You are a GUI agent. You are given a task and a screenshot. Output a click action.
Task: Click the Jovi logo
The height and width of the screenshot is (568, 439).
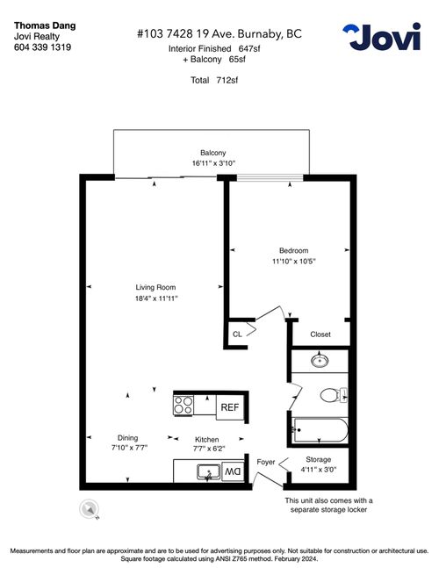[382, 37]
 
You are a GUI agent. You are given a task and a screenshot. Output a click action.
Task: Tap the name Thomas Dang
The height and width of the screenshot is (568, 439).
[45, 25]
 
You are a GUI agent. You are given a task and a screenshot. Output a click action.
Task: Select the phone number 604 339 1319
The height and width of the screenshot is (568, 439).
[42, 47]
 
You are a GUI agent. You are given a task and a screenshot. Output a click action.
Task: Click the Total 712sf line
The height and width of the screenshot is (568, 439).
[214, 80]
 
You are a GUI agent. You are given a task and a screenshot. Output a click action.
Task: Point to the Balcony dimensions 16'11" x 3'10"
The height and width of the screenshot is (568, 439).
[213, 163]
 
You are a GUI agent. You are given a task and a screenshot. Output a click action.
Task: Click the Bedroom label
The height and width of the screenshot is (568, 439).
[294, 250]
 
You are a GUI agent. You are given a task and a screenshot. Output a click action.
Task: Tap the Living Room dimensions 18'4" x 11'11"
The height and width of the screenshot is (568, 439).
[156, 298]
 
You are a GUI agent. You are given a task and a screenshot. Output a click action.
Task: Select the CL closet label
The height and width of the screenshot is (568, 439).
[237, 334]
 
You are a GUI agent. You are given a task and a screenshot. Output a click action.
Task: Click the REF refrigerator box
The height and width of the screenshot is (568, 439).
[230, 407]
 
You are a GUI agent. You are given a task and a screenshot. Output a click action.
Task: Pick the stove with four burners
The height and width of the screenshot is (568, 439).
[184, 405]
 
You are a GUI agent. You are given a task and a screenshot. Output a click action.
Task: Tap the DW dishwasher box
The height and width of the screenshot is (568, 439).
[233, 471]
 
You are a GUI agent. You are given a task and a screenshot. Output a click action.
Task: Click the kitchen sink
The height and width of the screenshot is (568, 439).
[209, 472]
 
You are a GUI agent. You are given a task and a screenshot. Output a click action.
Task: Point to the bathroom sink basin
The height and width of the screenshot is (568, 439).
[320, 361]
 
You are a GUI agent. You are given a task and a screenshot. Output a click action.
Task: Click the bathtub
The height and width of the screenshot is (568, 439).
[321, 430]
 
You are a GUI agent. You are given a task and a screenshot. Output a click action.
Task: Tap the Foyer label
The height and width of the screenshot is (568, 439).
[266, 462]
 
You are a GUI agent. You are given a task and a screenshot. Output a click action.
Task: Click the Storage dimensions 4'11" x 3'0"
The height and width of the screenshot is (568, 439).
[319, 470]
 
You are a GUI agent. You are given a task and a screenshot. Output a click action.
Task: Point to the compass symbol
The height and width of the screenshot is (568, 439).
[89, 508]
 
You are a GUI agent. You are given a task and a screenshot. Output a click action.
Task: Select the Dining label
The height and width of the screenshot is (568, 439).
[127, 437]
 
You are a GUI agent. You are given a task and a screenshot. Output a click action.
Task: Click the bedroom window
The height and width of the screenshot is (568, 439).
[270, 177]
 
